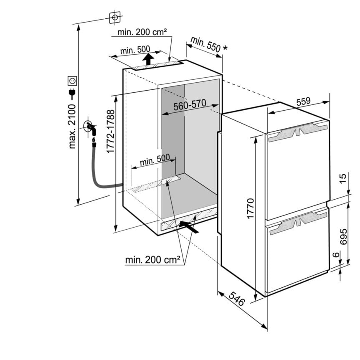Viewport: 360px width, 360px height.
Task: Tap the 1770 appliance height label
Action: click(250, 209)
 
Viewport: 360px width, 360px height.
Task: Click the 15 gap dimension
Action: click(343, 179)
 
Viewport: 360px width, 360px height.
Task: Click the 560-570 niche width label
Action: click(190, 105)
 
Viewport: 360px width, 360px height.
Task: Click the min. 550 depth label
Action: click(208, 44)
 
